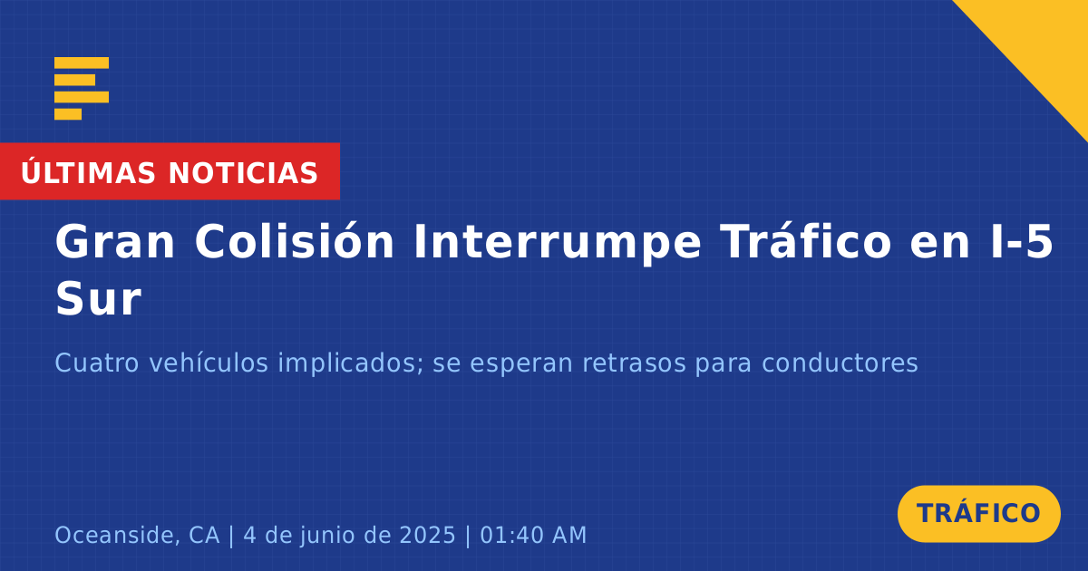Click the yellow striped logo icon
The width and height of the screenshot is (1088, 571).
point(82,89)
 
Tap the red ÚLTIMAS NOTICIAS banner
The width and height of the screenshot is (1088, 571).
point(170,171)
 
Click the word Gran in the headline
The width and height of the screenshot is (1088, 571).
point(114,242)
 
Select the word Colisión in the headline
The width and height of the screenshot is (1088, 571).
point(295,241)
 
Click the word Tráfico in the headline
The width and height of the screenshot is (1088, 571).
point(805,241)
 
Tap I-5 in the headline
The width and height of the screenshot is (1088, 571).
point(1022,242)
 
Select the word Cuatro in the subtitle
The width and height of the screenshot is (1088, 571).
point(97,363)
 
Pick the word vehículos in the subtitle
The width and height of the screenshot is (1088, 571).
point(209,363)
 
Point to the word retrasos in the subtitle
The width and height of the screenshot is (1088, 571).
point(634,363)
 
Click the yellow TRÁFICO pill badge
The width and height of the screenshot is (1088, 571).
point(978,513)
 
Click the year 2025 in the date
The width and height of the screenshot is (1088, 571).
point(427,535)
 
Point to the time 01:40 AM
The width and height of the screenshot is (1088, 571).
point(533,535)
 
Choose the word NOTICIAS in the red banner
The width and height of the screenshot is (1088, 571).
point(243,173)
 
